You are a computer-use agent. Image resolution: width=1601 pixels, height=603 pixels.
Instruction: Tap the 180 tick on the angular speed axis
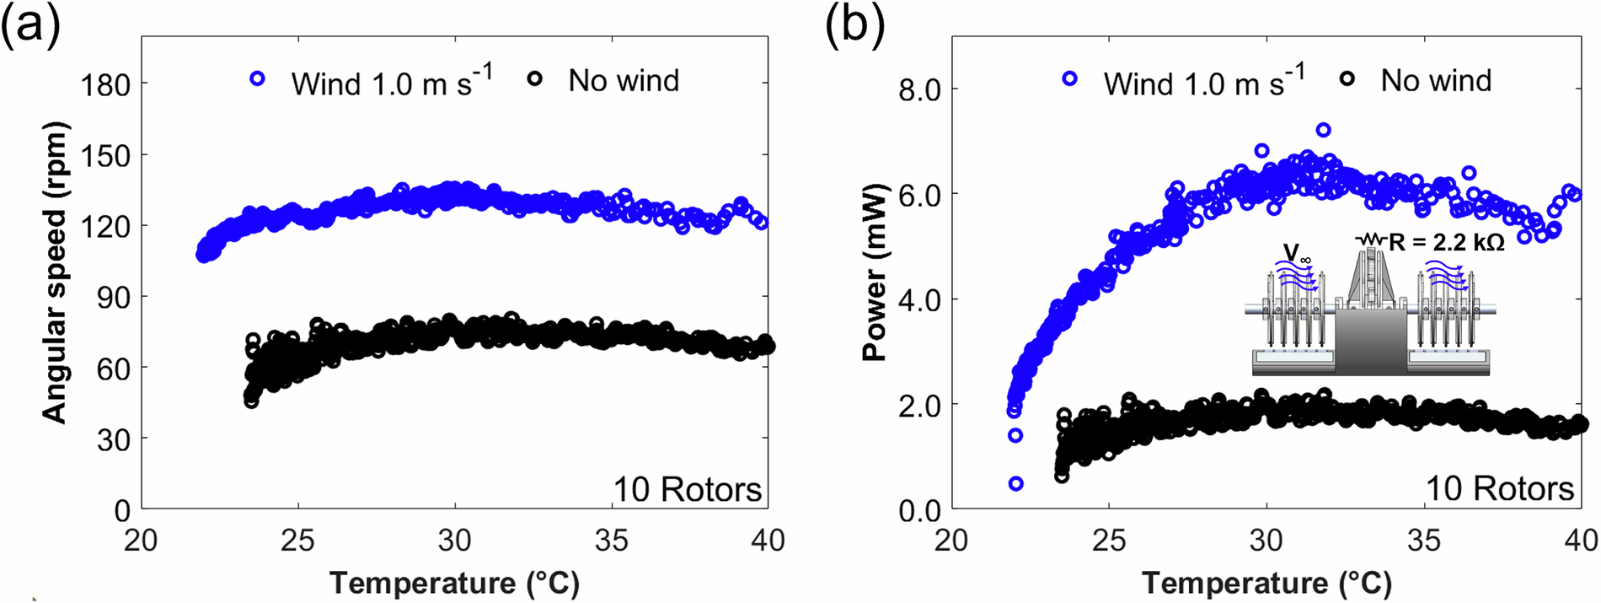(105, 84)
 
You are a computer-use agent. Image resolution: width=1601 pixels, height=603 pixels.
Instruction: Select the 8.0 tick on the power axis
(919, 89)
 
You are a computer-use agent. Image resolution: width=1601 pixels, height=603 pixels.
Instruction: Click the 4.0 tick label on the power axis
(919, 300)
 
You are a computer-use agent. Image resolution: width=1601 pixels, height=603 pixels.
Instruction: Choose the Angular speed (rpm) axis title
(54, 272)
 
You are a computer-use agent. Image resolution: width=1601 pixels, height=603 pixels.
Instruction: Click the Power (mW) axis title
(875, 272)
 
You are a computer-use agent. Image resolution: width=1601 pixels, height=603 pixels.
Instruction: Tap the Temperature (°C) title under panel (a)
(454, 583)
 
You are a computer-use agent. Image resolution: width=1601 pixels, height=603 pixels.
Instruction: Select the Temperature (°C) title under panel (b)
(1266, 583)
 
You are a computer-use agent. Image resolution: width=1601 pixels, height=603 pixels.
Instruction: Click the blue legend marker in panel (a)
(258, 79)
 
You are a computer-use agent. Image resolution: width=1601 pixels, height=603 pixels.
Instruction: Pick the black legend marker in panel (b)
(1347, 78)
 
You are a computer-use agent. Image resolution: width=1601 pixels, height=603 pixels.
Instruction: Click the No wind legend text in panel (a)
(624, 81)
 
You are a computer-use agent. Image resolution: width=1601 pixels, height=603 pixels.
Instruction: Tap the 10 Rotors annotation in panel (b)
(1499, 488)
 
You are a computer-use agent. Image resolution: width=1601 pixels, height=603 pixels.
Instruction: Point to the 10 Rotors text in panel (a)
(687, 489)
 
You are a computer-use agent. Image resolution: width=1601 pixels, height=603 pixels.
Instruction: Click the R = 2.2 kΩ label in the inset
(1446, 243)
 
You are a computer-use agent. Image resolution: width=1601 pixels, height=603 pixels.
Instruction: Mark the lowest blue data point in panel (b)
(1016, 483)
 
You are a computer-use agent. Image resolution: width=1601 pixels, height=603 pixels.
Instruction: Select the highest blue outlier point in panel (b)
(1323, 130)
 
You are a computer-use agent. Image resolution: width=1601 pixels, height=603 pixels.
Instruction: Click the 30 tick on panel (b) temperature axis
(1266, 540)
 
